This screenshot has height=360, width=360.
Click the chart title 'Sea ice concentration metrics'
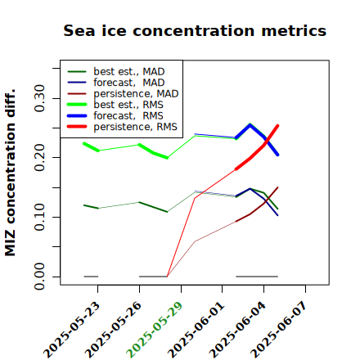coord(195,30)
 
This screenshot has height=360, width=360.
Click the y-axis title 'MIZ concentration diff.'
coord(10,173)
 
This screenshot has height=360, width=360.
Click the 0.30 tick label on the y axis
coord(40,98)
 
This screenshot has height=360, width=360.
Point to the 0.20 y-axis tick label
coord(40,157)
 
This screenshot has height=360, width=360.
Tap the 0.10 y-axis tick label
coord(40,217)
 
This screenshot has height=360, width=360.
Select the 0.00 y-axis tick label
coord(40,277)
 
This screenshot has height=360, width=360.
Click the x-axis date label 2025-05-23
coord(72,330)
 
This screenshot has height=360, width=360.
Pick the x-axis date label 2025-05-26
coord(114,330)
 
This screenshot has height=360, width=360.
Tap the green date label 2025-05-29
coord(155,330)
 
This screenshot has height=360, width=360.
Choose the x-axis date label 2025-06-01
coord(196,330)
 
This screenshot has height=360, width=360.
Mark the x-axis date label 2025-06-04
coord(237,330)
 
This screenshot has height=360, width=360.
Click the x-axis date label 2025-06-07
coord(279,330)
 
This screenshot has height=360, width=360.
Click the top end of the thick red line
coord(277,125)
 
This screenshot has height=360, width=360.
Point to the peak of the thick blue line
coord(250,124)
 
